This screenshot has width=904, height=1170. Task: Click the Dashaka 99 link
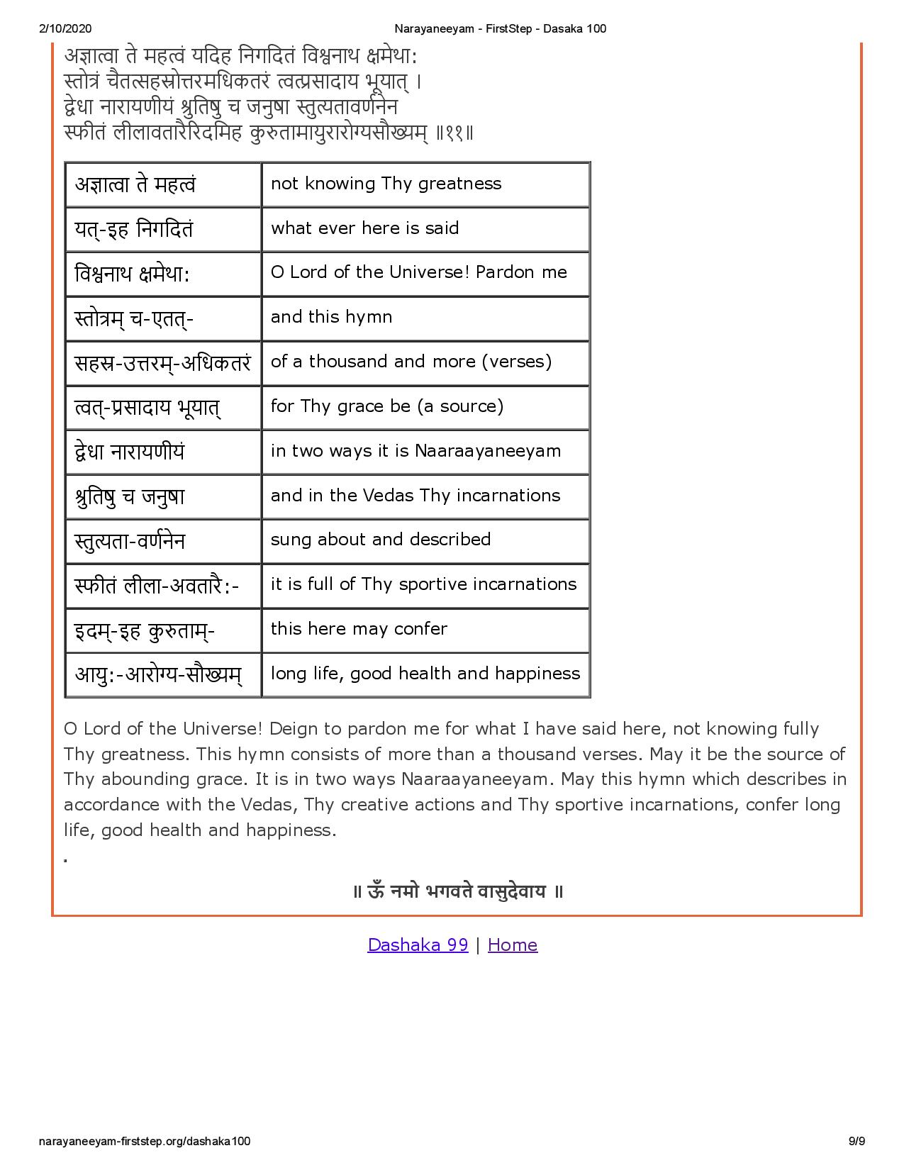[x=418, y=945]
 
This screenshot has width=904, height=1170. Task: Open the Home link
[x=512, y=945]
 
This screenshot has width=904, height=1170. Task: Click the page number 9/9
[x=857, y=1141]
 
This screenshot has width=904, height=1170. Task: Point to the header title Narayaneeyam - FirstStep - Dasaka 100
[x=499, y=28]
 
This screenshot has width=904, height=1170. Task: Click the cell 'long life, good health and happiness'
[x=425, y=674]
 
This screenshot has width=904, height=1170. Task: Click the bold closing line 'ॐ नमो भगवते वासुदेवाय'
[x=458, y=891]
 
